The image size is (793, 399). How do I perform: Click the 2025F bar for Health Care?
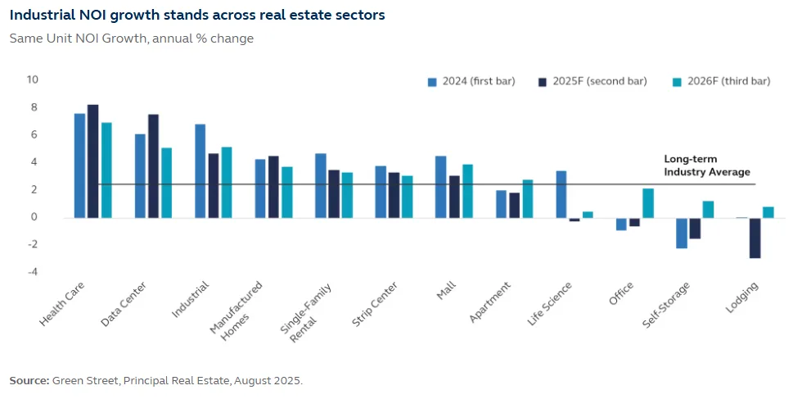[92, 161]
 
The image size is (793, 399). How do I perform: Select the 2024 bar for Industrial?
[200, 171]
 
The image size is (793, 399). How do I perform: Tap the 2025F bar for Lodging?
[755, 238]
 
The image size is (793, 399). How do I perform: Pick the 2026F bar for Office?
[647, 203]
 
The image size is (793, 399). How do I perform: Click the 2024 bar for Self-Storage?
[681, 233]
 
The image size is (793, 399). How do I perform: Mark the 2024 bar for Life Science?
[561, 194]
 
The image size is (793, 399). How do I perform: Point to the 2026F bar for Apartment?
[527, 199]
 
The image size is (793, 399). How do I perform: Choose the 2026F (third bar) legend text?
[728, 81]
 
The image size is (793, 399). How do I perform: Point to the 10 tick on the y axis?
[32, 79]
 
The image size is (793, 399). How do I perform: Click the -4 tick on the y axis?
[32, 272]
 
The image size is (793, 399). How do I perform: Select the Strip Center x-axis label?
[376, 304]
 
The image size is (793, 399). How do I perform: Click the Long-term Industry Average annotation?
[706, 166]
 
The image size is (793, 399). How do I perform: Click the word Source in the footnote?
[28, 380]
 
